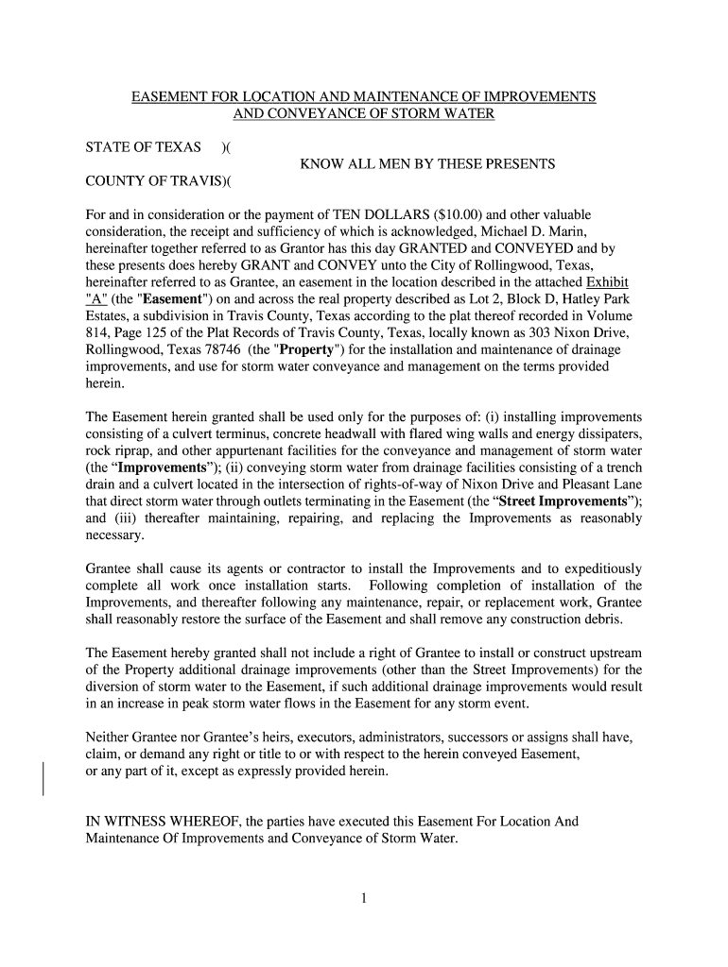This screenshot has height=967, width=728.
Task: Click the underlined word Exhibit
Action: point(608,282)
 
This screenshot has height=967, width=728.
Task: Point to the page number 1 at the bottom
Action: point(363,898)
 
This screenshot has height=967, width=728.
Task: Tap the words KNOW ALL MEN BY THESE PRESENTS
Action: point(427,164)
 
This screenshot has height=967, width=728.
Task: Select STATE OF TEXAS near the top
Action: point(144,147)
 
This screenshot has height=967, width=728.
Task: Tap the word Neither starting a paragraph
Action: point(110,737)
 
